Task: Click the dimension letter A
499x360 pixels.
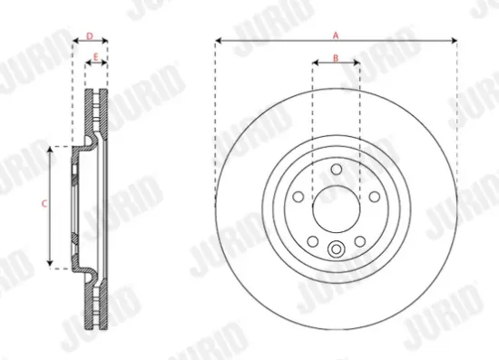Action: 336,34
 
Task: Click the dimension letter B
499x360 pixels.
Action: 336,57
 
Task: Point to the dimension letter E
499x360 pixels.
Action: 96,57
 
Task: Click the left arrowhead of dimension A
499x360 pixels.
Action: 219,41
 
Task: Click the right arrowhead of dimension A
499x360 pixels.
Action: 452,41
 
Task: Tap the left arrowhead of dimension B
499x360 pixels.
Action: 315,63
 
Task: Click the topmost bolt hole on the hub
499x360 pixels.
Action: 336,170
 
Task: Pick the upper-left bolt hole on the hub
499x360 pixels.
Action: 298,197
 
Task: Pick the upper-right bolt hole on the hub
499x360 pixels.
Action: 373,197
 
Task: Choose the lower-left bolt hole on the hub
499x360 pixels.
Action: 312,241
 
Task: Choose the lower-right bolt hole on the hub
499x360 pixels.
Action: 358,241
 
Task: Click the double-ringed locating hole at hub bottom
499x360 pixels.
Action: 336,252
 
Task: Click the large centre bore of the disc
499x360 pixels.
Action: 336,209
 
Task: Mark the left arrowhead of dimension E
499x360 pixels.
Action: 87,63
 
